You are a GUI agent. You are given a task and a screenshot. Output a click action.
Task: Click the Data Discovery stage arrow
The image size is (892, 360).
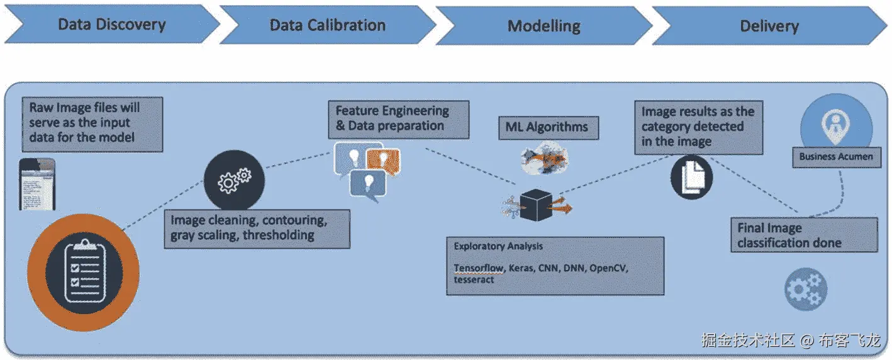pyautogui.click(x=112, y=25)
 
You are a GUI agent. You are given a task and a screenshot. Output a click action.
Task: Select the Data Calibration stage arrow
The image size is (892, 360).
pyautogui.click(x=327, y=26)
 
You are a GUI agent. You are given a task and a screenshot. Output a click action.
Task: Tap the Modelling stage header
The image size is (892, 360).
pyautogui.click(x=544, y=26)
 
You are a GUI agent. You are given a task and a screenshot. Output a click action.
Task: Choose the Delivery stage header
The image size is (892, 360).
pyautogui.click(x=769, y=26)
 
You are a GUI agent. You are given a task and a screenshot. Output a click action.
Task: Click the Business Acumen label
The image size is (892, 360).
pyautogui.click(x=836, y=157)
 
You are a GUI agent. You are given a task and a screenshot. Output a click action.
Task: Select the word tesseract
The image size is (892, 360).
pyautogui.click(x=474, y=279)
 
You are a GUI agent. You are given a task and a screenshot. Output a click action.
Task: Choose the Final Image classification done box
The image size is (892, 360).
pyautogui.click(x=804, y=235)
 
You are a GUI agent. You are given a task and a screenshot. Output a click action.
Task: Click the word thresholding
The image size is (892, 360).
pyautogui.click(x=281, y=235)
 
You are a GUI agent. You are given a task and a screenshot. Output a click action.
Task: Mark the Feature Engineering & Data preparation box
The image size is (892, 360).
pyautogui.click(x=398, y=118)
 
